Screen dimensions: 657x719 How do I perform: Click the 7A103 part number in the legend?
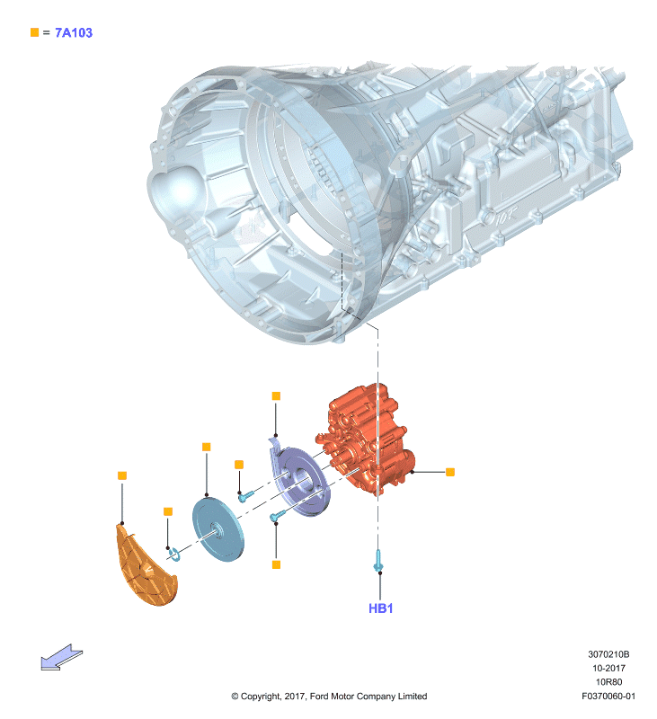[x=74, y=33]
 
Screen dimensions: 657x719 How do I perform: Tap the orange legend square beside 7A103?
[x=34, y=32]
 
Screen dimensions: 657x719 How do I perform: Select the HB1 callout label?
[x=380, y=608]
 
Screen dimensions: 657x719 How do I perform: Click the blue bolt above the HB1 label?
[x=378, y=561]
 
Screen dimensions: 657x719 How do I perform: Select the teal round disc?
[x=218, y=530]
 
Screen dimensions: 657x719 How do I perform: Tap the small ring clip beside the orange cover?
[x=173, y=554]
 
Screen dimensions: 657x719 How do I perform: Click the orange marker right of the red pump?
[x=450, y=472]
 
